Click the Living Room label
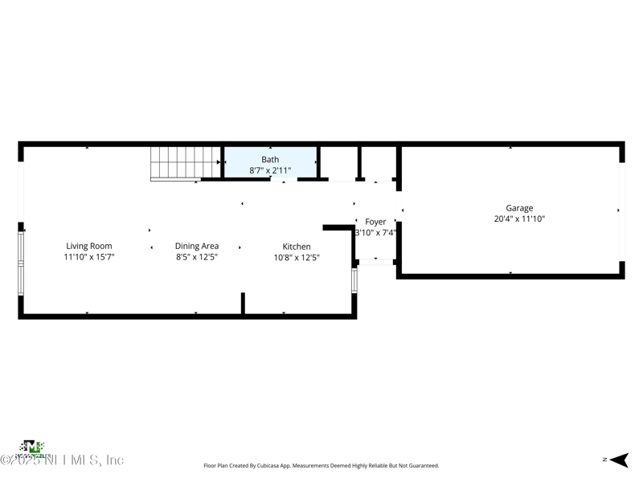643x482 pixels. pyautogui.click(x=88, y=246)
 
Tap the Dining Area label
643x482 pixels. pyautogui.click(x=197, y=246)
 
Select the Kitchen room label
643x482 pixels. pyautogui.click(x=296, y=247)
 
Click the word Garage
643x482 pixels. pyautogui.click(x=519, y=208)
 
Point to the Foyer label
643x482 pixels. pyautogui.click(x=375, y=222)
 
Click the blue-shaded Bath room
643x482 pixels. pyautogui.click(x=270, y=161)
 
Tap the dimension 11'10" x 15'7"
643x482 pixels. pyautogui.click(x=88, y=257)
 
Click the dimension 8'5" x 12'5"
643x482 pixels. pyautogui.click(x=197, y=257)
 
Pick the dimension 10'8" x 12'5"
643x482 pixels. pyautogui.click(x=296, y=258)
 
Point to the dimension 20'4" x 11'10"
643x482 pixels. pyautogui.click(x=519, y=219)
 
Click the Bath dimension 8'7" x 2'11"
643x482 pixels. pyautogui.click(x=270, y=170)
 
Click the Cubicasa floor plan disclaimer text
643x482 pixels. pyautogui.click(x=321, y=465)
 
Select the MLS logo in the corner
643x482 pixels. pyautogui.click(x=32, y=447)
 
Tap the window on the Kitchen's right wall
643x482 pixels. pyautogui.click(x=354, y=280)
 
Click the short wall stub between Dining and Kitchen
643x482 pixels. pyautogui.click(x=243, y=304)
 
